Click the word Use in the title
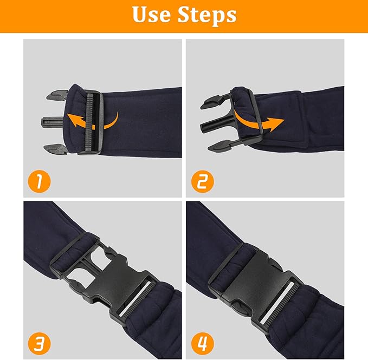pyautogui.click(x=151, y=15)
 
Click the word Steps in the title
pyautogui.click(x=207, y=16)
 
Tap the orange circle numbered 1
pyautogui.click(x=39, y=181)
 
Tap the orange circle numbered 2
pyautogui.click(x=202, y=181)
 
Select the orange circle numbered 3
pyautogui.click(x=39, y=344)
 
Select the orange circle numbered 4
pyautogui.click(x=202, y=344)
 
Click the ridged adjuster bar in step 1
pyautogui.click(x=89, y=122)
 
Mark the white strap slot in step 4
pyautogui.click(x=276, y=302)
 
